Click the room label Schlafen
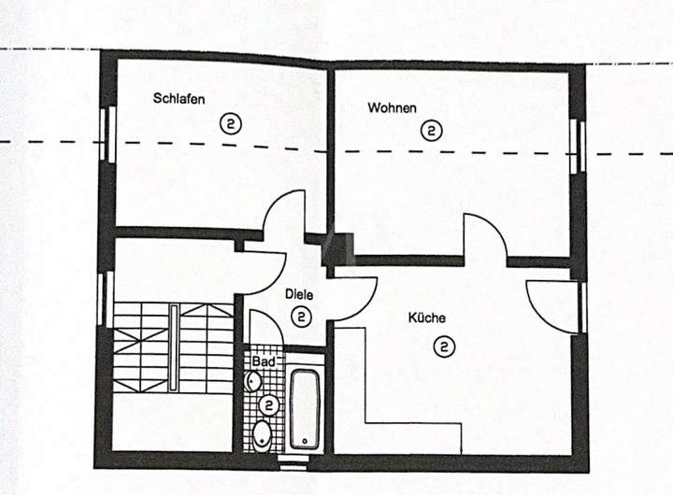click(179, 99)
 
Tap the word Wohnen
click(392, 107)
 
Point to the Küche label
click(426, 318)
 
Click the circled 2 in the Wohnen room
click(431, 131)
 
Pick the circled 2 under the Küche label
click(444, 347)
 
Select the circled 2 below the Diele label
click(301, 317)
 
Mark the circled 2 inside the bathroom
click(269, 405)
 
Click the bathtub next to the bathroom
click(306, 410)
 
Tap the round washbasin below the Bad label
click(253, 381)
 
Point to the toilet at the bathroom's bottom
click(262, 433)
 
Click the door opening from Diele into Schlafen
click(285, 217)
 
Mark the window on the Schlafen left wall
click(106, 136)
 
